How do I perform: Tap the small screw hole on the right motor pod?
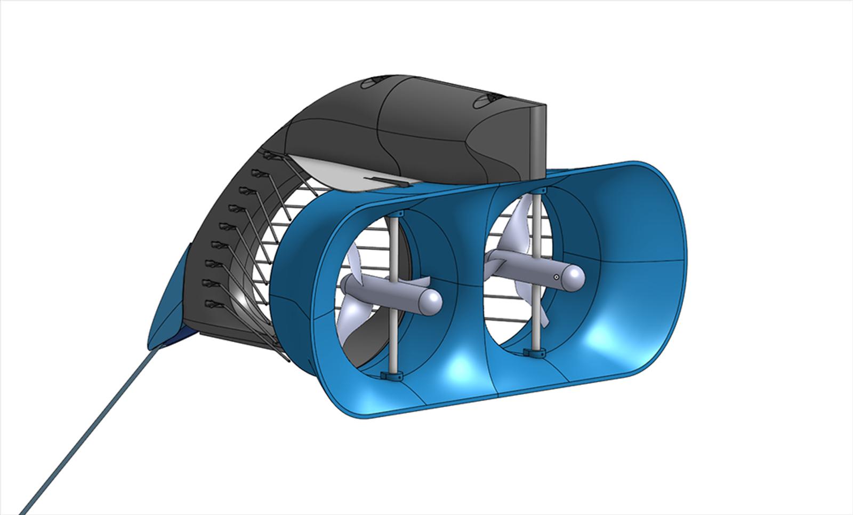coord(556,277)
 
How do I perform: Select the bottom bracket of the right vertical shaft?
coord(535,353)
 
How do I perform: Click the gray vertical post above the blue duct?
coord(538,139)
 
